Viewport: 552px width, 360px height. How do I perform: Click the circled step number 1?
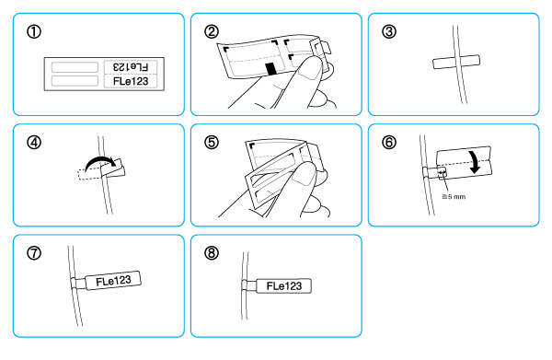(34, 31)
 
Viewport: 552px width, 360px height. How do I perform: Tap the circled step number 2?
(212, 31)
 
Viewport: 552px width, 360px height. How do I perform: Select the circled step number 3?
(389, 31)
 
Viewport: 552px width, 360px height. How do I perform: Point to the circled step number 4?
(34, 143)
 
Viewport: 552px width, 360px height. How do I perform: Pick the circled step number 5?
(212, 143)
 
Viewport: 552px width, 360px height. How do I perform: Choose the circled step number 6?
(389, 143)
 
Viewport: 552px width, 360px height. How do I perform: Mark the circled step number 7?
(34, 253)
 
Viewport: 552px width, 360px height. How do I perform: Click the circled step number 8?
(212, 253)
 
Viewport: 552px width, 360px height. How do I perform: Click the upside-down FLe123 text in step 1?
(131, 66)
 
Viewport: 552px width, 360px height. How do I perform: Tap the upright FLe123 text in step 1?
(131, 81)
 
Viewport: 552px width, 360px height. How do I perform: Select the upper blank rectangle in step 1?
(75, 67)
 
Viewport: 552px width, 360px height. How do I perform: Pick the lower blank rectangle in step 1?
(75, 81)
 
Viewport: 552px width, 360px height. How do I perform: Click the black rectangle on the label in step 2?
(271, 69)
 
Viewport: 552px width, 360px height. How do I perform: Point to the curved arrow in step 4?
(99, 159)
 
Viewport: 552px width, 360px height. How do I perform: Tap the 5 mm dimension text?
(454, 196)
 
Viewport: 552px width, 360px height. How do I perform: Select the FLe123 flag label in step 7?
(113, 281)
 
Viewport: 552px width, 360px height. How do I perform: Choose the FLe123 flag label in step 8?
(283, 285)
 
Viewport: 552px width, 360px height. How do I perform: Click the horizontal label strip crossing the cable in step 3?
(456, 62)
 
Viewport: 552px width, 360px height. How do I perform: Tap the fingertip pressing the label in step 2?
(310, 69)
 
